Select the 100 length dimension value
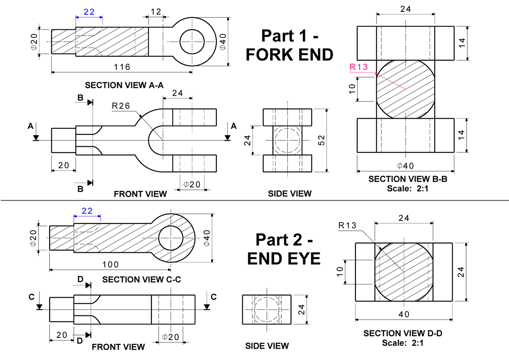click(x=111, y=265)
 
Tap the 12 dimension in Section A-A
click(x=156, y=12)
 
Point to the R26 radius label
click(x=121, y=106)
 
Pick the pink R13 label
click(x=358, y=67)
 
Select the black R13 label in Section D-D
click(x=347, y=225)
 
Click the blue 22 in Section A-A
click(x=89, y=12)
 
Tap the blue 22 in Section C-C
click(x=87, y=211)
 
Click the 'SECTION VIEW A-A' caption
click(x=124, y=85)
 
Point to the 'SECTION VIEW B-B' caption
click(x=408, y=179)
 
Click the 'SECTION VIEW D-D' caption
click(x=403, y=334)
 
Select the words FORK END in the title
click(x=289, y=55)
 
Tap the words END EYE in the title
click(x=284, y=258)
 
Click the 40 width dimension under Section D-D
click(x=404, y=314)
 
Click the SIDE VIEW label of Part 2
click(x=267, y=346)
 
